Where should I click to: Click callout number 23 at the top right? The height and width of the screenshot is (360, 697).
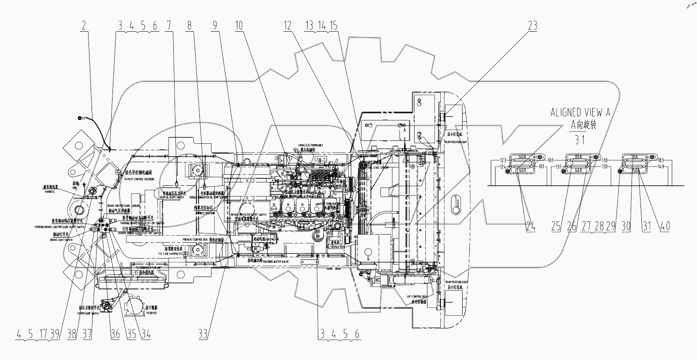(x=532, y=26)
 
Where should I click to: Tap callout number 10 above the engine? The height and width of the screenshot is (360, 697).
(x=239, y=26)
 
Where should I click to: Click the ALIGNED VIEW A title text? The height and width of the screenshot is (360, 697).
(x=580, y=113)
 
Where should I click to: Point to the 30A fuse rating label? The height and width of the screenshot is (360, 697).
(x=635, y=157)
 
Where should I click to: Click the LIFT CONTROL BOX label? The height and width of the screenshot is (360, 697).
(x=418, y=296)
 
